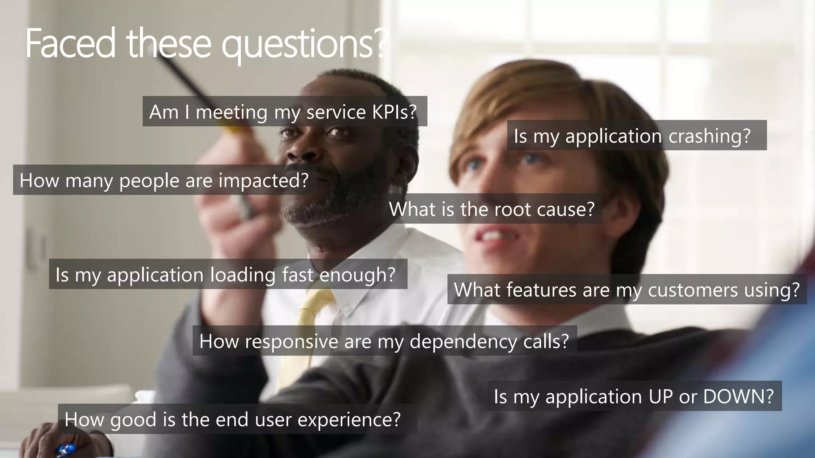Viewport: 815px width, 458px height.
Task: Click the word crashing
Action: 709,136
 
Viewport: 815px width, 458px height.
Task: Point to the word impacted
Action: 263,181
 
